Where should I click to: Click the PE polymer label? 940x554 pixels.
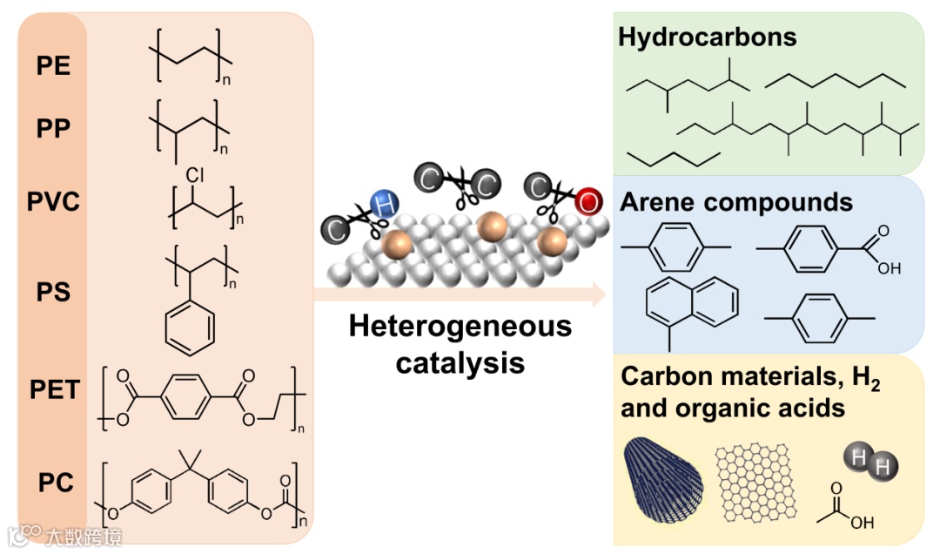point(54,65)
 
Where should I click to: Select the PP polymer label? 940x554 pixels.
point(54,129)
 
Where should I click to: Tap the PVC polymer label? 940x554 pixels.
point(54,202)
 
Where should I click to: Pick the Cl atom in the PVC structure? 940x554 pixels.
point(195,176)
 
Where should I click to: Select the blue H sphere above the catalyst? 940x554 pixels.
point(382,206)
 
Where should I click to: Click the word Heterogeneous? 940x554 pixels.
point(460,328)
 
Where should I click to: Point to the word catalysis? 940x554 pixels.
point(460,361)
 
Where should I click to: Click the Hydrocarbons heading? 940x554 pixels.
point(708,37)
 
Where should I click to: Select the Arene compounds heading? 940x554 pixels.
point(736,202)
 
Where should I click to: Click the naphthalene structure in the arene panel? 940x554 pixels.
point(692,306)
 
